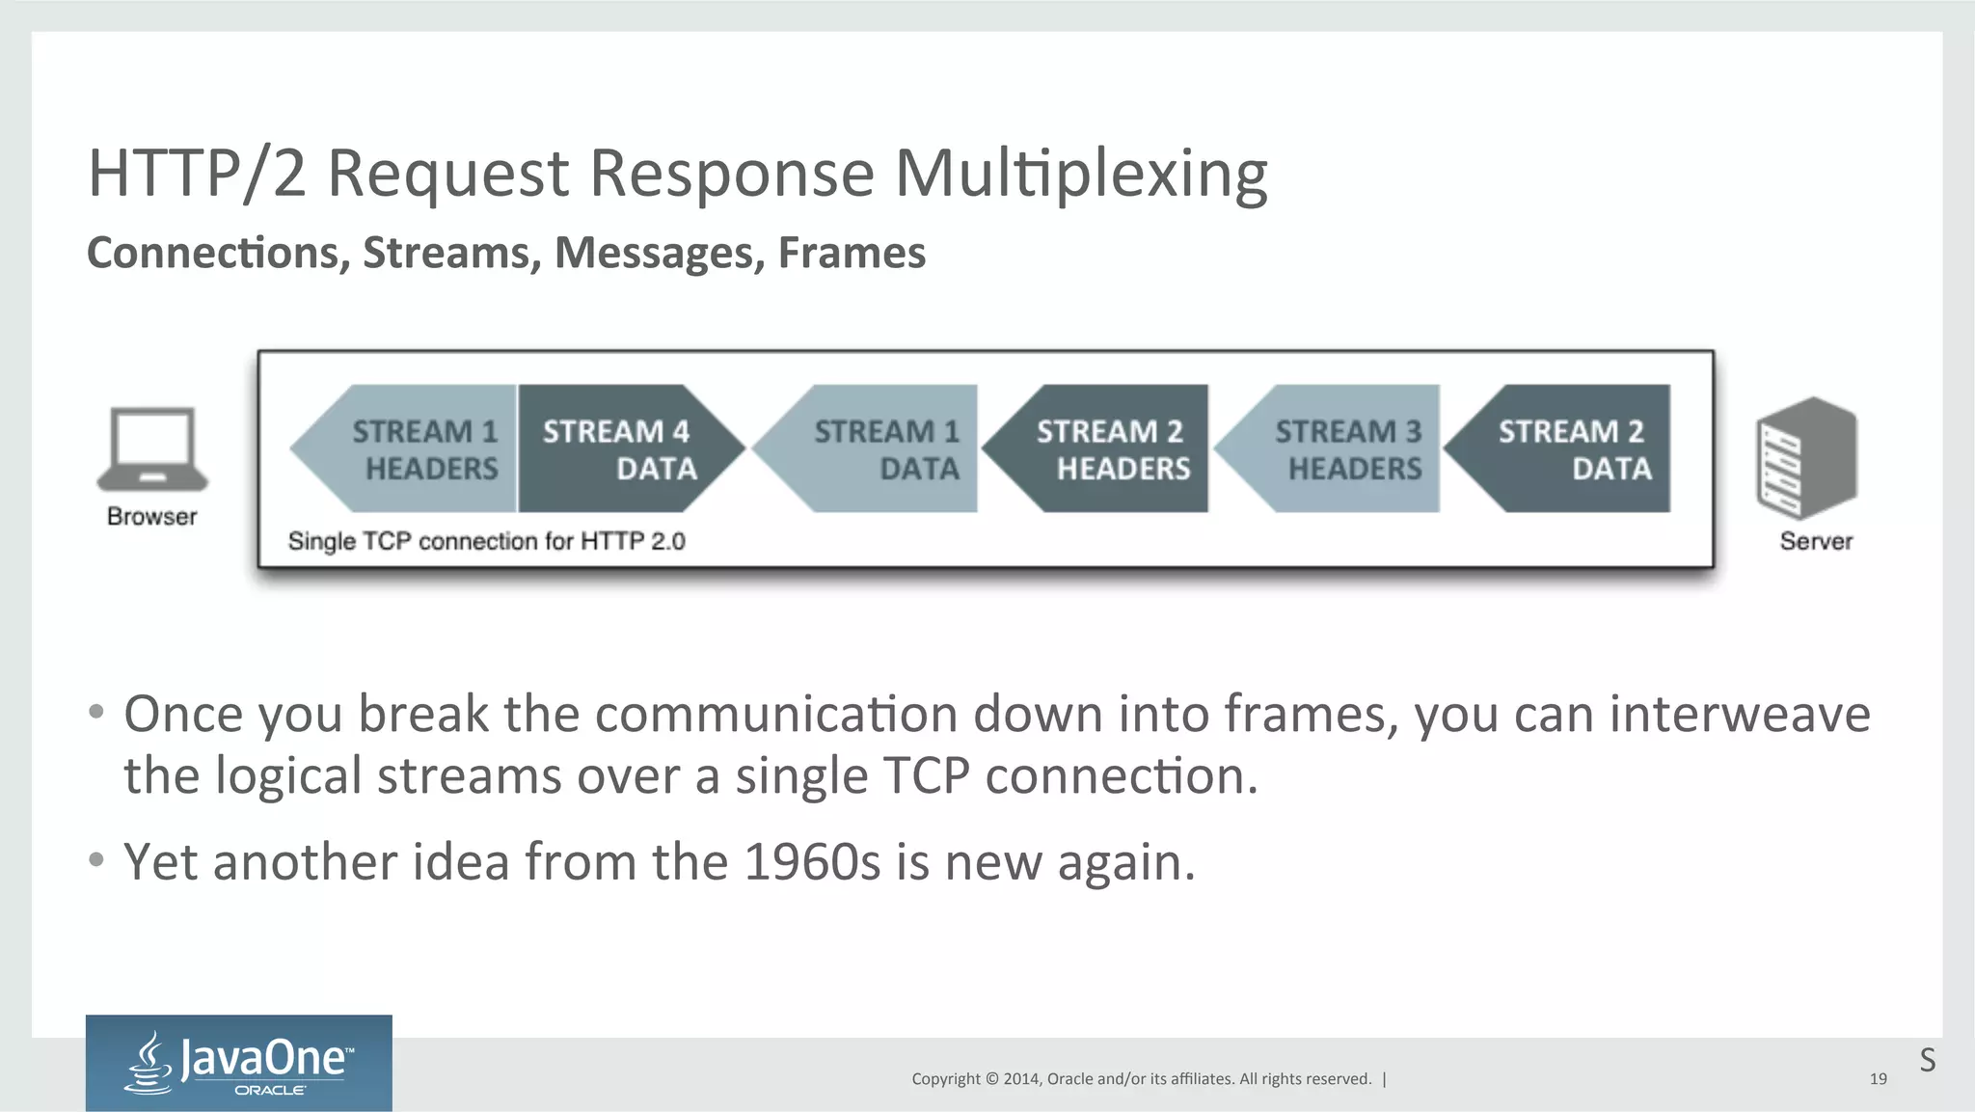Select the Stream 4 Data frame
pyautogui.click(x=622, y=448)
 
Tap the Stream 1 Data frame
pyautogui.click(x=878, y=448)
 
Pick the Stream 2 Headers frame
pyautogui.click(x=1109, y=448)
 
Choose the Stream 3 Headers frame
pyautogui.click(x=1340, y=448)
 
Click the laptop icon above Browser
pyautogui.click(x=152, y=448)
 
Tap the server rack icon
pyautogui.click(x=1806, y=458)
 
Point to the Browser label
pyautogui.click(x=152, y=517)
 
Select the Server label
pyautogui.click(x=1816, y=541)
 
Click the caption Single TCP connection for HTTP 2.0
pyautogui.click(x=486, y=541)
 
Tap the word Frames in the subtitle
pyautogui.click(x=852, y=253)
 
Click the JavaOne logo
pyautogui.click(x=239, y=1063)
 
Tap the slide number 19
pyautogui.click(x=1878, y=1079)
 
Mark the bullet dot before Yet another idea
pyautogui.click(x=95, y=858)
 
